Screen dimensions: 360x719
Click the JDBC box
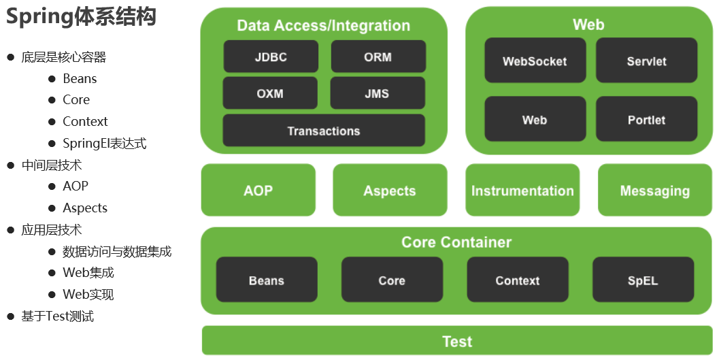[271, 56]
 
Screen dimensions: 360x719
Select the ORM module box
[378, 56]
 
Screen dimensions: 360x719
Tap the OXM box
[270, 93]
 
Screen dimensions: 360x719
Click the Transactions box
[324, 131]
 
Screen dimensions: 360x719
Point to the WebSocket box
[535, 61]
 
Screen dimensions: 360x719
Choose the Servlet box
[646, 61]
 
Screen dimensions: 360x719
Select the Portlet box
[646, 119]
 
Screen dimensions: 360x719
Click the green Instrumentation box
[522, 191]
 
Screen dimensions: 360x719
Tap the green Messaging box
[654, 191]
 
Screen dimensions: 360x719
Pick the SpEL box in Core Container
[643, 280]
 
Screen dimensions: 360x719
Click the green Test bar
[457, 341]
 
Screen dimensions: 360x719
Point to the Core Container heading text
[456, 242]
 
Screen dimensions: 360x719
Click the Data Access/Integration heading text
[324, 26]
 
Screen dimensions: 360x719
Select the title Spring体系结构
[82, 17]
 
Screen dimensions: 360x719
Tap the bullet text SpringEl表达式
[104, 144]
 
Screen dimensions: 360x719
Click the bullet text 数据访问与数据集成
[117, 252]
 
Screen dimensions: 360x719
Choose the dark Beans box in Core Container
[267, 280]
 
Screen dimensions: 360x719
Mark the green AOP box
[258, 191]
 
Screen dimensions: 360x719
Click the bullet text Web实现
[88, 295]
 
